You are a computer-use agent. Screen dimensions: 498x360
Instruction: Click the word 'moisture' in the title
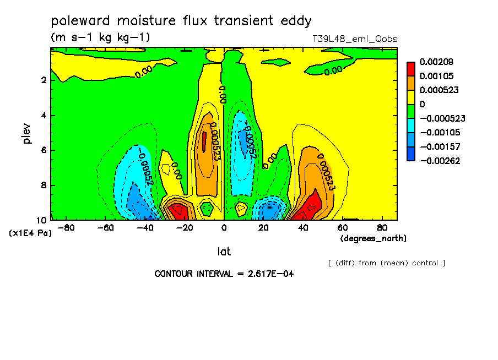[x=147, y=20]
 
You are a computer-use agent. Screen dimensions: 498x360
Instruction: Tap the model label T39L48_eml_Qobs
[x=355, y=39]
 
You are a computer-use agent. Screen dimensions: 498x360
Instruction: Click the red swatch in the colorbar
[x=411, y=69]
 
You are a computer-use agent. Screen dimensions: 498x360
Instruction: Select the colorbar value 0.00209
[x=436, y=62]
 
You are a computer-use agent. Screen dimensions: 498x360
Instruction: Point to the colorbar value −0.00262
[x=440, y=161]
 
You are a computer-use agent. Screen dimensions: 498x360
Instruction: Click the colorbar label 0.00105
[x=436, y=76]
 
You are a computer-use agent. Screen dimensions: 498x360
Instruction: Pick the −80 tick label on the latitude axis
[x=66, y=228]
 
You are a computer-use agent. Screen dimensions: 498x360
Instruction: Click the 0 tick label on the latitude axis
[x=224, y=228]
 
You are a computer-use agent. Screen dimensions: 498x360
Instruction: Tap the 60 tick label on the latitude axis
[x=343, y=228]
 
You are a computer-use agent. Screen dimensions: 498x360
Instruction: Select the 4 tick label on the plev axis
[x=44, y=115]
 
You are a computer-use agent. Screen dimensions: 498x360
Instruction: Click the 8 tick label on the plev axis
[x=44, y=185]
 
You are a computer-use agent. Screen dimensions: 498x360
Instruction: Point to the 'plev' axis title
[x=27, y=133]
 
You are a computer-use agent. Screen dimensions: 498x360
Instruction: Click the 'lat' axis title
[x=224, y=252]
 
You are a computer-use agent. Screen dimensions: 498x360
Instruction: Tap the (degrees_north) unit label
[x=373, y=238]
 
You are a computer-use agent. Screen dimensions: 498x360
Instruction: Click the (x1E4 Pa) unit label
[x=30, y=233]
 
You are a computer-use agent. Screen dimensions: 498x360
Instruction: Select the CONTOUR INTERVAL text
[x=224, y=274]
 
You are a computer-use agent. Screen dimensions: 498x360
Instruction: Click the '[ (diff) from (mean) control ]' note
[x=387, y=263]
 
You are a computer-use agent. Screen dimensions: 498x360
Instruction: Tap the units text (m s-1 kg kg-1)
[x=100, y=37]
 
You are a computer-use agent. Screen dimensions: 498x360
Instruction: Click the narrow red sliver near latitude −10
[x=204, y=142]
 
